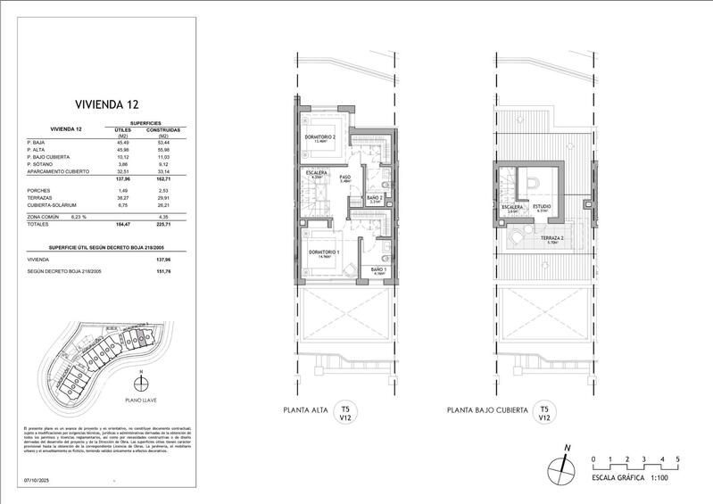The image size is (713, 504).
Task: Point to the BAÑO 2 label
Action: [376, 198]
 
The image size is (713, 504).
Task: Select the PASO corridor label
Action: [344, 178]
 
